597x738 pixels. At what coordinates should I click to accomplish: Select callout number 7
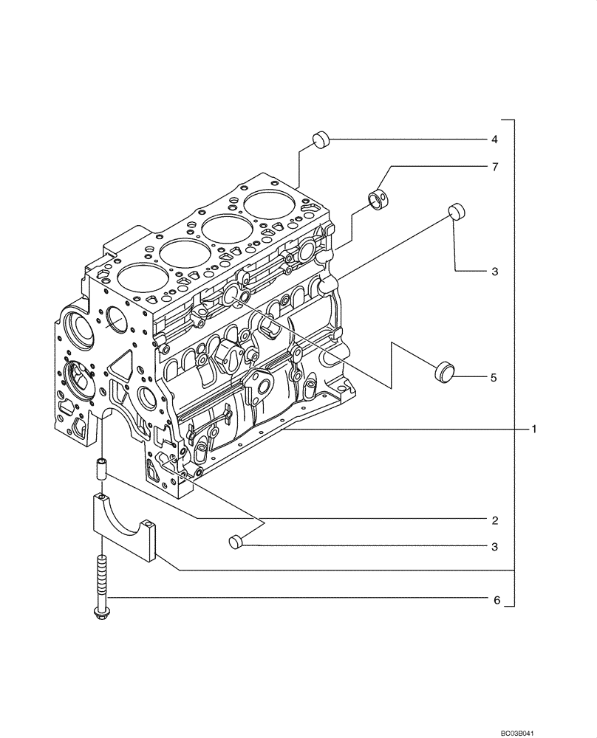pyautogui.click(x=495, y=168)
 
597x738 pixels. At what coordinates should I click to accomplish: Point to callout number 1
pyautogui.click(x=533, y=428)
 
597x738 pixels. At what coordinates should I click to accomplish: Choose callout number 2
pyautogui.click(x=495, y=520)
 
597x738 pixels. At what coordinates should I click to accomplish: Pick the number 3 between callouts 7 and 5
pyautogui.click(x=494, y=272)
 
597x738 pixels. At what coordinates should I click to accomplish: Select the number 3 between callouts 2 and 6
pyautogui.click(x=495, y=547)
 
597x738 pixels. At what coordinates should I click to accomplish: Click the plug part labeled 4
pyautogui.click(x=321, y=139)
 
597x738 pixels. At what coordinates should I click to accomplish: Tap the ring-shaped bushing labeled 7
pyautogui.click(x=379, y=199)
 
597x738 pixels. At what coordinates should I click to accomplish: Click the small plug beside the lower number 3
pyautogui.click(x=236, y=542)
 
